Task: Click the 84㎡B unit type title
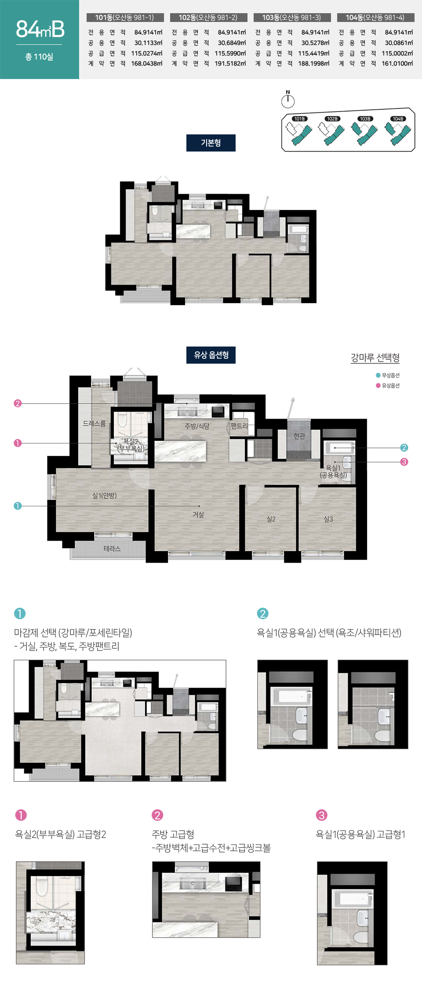click(x=40, y=29)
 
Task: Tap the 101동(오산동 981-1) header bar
click(x=125, y=18)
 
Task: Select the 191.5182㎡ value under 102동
click(x=230, y=63)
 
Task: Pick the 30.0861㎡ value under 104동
click(x=399, y=43)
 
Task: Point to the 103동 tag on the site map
click(x=365, y=119)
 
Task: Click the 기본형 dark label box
click(x=211, y=143)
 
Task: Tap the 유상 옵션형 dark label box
click(x=211, y=355)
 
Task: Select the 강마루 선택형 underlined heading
click(x=375, y=358)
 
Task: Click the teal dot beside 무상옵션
click(x=378, y=376)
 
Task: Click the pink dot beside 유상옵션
click(x=378, y=386)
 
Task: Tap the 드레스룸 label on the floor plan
click(x=94, y=423)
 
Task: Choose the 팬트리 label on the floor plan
click(x=239, y=426)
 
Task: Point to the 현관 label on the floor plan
click(x=299, y=436)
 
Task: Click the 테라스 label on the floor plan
click(x=112, y=549)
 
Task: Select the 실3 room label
click(x=328, y=519)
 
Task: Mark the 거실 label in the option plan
click(x=198, y=514)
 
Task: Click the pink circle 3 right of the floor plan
click(x=404, y=462)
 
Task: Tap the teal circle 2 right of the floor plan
click(x=404, y=448)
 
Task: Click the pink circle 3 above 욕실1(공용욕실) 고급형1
click(x=322, y=815)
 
